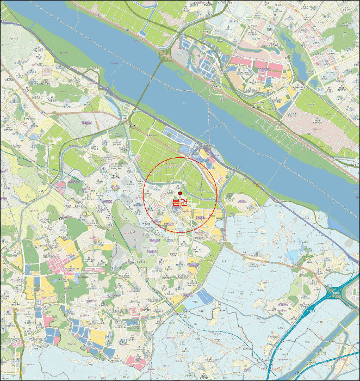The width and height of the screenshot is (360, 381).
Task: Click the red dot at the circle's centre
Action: pyautogui.click(x=180, y=193)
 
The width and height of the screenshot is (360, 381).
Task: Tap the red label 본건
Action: pyautogui.click(x=179, y=202)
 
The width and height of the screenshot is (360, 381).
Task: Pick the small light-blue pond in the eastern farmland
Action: pyautogui.click(x=294, y=256)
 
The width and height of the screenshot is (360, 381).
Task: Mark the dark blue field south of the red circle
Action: pyautogui.click(x=206, y=297)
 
